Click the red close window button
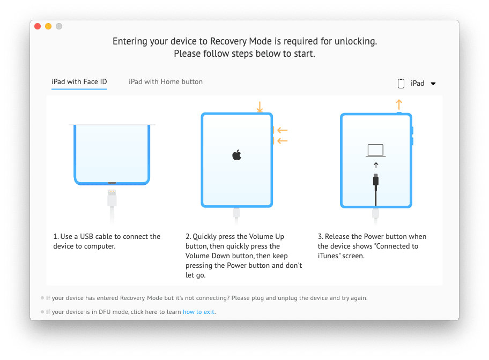(x=38, y=26)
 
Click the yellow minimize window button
(x=48, y=26)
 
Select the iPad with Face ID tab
(x=79, y=82)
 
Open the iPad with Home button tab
(x=166, y=82)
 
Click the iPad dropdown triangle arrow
(x=433, y=84)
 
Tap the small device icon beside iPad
(x=401, y=84)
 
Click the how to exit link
(x=199, y=312)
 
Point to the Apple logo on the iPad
(x=236, y=155)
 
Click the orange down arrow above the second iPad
(x=260, y=107)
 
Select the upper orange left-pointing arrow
(x=282, y=130)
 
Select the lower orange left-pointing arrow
(x=282, y=141)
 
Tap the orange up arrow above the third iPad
(x=398, y=103)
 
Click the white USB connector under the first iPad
(x=112, y=198)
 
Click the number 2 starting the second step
(x=188, y=237)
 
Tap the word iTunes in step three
(x=328, y=256)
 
